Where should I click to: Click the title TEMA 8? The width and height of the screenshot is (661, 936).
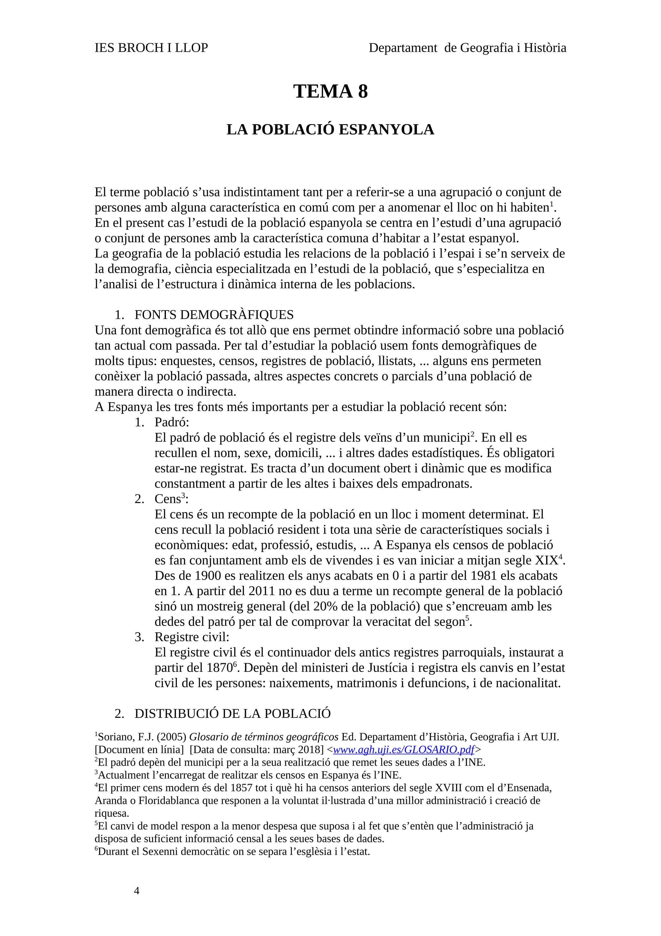(330, 91)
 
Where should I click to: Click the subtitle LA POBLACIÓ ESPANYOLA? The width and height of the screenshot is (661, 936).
(330, 130)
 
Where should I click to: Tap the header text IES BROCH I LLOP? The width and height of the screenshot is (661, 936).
(151, 48)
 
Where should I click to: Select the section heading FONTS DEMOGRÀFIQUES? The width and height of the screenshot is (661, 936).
(214, 315)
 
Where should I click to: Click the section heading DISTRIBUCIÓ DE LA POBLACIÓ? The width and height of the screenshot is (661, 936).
(233, 714)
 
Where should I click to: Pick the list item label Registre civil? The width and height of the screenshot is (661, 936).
(192, 637)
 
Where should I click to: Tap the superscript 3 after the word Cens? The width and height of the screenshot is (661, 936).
(183, 495)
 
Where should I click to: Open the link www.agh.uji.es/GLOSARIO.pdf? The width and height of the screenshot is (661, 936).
(403, 749)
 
